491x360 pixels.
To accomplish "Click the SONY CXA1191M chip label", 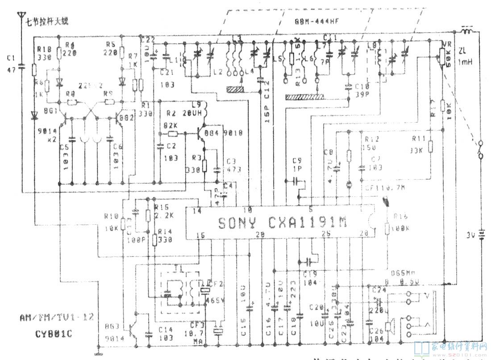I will [282, 222].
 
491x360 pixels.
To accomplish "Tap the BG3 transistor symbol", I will [133, 329].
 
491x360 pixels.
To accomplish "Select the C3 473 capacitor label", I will [231, 165].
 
